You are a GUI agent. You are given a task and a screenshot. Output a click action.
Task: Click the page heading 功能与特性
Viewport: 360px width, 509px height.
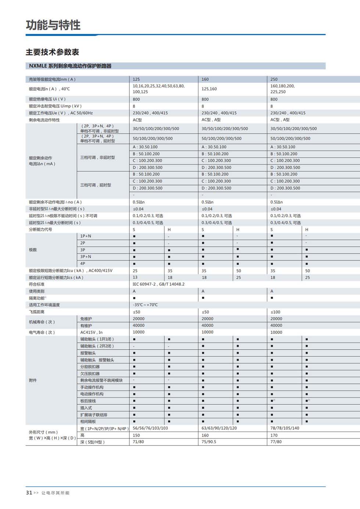pos(53,25)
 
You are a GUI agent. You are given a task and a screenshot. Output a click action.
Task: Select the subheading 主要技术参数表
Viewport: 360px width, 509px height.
pos(52,52)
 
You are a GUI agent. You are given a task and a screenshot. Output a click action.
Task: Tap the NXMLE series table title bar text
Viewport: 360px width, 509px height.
pos(70,66)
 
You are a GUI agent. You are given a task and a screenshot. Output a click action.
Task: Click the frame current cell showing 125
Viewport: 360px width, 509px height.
pos(136,79)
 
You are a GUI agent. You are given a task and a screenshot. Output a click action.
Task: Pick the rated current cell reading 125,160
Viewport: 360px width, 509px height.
pos(209,89)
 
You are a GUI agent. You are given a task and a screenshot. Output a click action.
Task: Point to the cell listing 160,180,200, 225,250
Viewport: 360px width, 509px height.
pos(282,89)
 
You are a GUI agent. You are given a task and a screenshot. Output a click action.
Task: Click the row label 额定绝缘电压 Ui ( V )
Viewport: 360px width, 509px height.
pos(47,99)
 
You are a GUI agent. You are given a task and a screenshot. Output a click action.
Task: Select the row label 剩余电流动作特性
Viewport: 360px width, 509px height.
pos(44,120)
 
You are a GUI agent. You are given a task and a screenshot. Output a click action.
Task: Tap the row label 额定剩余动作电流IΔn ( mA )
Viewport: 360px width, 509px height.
pos(42,161)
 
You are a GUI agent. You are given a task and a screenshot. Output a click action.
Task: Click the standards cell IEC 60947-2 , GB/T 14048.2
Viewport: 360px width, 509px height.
pos(158,284)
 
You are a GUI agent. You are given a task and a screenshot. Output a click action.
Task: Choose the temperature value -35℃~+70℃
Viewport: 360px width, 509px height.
pos(145,305)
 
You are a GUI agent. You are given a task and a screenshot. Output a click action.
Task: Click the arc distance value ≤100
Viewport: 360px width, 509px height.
pos(275,312)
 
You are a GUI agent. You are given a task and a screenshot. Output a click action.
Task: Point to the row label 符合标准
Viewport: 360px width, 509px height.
pos(37,284)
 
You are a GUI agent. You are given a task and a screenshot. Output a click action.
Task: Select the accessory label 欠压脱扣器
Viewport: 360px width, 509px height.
pos(90,373)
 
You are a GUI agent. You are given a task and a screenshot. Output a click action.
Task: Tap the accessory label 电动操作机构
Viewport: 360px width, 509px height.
pos(92,394)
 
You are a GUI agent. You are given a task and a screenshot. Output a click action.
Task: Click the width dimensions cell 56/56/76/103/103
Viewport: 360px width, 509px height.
pos(150,428)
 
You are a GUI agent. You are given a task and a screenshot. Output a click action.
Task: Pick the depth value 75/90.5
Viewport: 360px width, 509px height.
pos(209,442)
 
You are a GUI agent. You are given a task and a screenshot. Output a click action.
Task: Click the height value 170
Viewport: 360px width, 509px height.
pos(274,435)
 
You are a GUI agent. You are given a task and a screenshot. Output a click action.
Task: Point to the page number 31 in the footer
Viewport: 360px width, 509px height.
pos(29,493)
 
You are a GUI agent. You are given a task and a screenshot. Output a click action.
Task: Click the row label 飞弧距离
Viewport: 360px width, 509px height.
pos(37,312)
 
